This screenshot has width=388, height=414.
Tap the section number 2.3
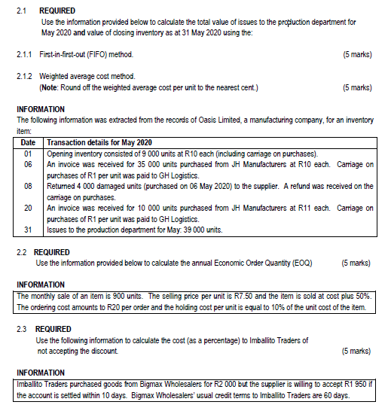[23, 329]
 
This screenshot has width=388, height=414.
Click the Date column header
[29, 143]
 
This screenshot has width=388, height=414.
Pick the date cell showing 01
[29, 153]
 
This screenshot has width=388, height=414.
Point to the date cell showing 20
[29, 207]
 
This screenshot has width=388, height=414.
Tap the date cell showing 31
[29, 229]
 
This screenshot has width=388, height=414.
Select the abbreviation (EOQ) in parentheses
[301, 263]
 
